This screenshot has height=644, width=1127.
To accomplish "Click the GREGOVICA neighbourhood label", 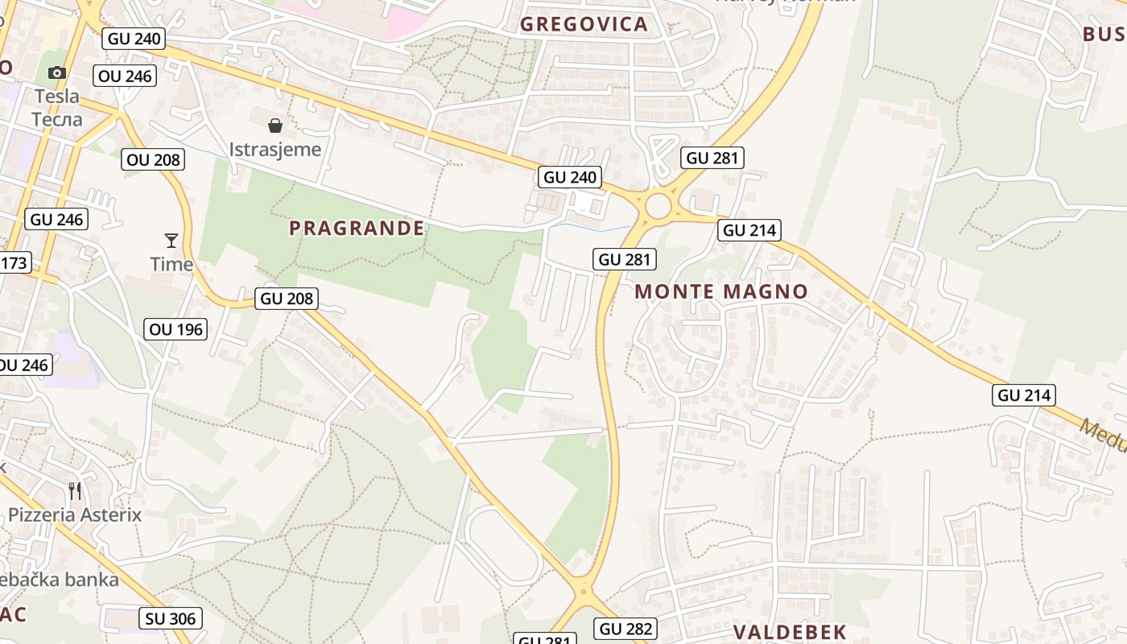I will point(584,24).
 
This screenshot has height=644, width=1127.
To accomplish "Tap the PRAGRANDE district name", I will point(357,229).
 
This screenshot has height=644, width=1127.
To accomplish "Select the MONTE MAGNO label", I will point(721,291).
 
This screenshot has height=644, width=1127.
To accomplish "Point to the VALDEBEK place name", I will point(790,632).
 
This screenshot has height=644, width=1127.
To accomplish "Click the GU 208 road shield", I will point(287,299).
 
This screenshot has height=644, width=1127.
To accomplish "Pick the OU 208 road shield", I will point(154,159).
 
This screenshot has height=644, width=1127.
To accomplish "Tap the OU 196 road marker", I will point(176,328).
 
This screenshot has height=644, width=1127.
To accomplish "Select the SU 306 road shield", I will point(171,618).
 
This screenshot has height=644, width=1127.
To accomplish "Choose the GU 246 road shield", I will point(56,219).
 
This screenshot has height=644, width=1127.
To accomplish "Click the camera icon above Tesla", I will point(56,73).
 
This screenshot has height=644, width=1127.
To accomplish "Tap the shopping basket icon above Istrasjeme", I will point(275,126).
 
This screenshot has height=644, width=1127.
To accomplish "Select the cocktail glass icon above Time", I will point(171,240).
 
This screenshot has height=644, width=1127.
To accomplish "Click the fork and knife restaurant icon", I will point(75,490).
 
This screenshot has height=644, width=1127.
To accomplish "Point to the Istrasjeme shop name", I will point(275,150).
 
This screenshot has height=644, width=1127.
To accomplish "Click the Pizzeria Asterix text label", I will point(75,515).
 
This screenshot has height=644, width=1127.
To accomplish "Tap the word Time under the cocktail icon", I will point(171,264).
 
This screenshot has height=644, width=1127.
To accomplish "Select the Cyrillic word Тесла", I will point(57,119).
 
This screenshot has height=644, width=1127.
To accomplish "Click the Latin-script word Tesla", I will point(57,97).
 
